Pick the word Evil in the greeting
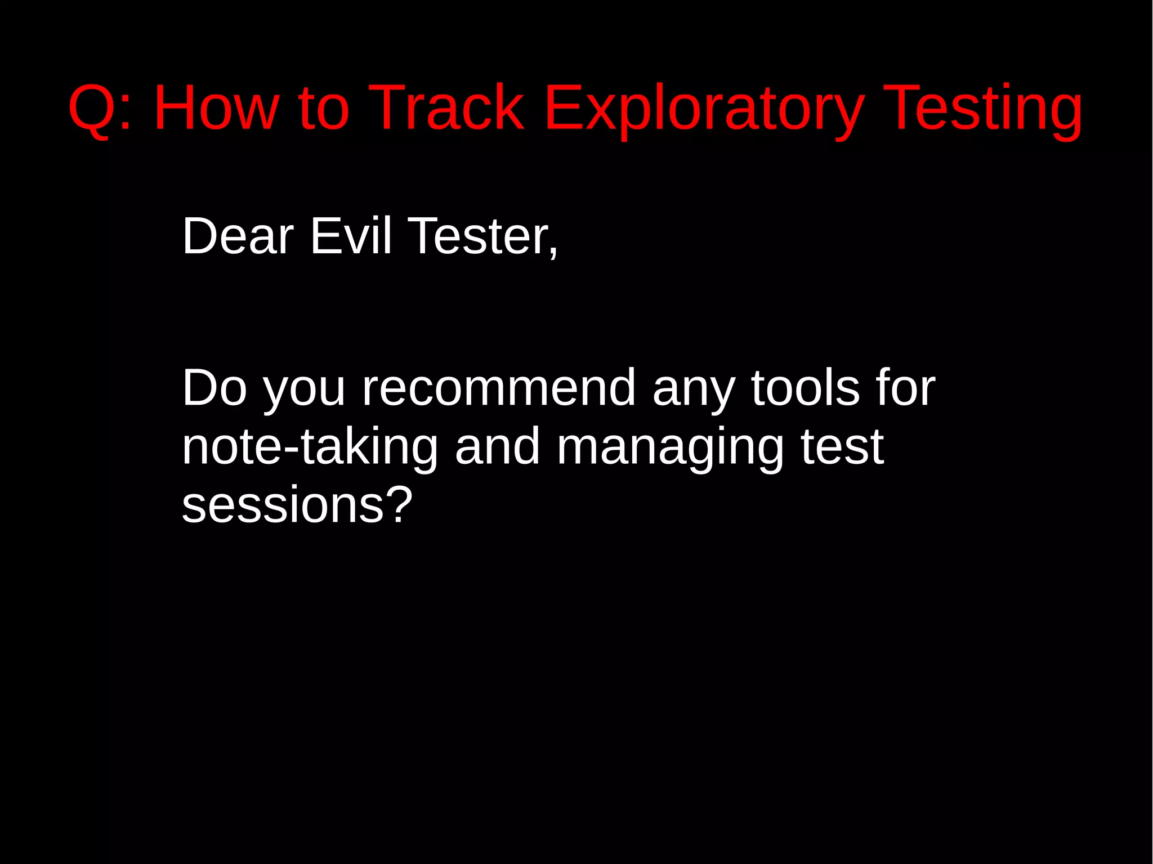[350, 236]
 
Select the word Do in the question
[214, 388]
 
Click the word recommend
[499, 388]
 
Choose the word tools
[806, 388]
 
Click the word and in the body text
[498, 447]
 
